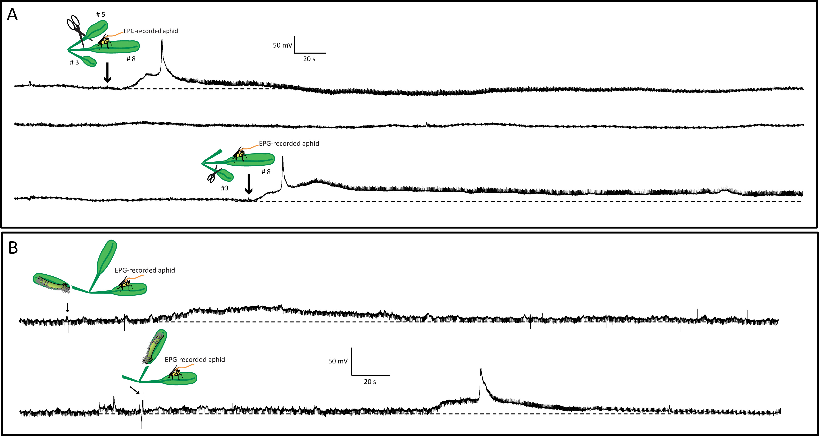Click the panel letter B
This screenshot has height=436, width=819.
point(13,248)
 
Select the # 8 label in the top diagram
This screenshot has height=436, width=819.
point(131,59)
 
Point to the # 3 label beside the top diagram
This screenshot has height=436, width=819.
point(74,62)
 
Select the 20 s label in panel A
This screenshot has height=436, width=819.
point(309,59)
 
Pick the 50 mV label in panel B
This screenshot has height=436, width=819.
point(338,361)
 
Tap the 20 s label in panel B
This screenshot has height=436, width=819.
point(370,382)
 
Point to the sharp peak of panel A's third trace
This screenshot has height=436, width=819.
point(283,157)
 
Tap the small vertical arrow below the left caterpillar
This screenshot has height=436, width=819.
point(67,307)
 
